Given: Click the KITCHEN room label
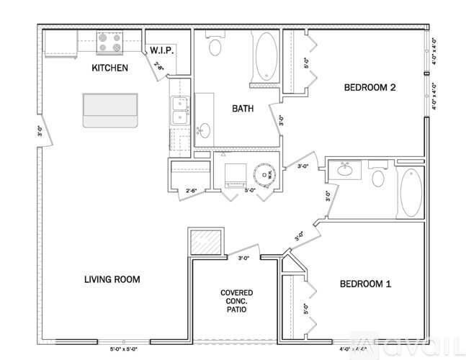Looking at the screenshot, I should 109,68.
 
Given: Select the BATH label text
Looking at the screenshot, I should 242,109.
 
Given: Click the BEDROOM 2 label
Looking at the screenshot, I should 370,88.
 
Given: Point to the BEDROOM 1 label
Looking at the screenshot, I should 365,284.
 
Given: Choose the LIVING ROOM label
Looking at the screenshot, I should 111,279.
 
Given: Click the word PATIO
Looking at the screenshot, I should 236,313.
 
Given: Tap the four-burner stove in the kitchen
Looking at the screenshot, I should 109,44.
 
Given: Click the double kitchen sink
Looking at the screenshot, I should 178,113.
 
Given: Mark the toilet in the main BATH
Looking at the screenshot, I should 215,47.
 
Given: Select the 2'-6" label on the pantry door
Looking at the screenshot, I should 158,68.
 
